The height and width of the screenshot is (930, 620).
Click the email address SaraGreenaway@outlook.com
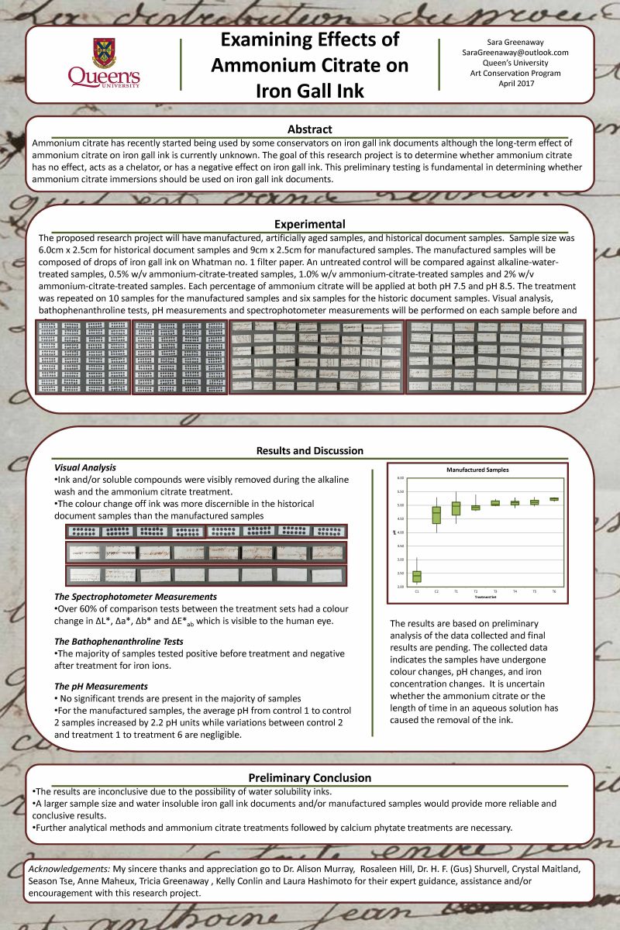(x=515, y=53)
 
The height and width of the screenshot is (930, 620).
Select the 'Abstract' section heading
(x=310, y=129)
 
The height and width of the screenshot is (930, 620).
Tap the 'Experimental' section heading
(x=310, y=225)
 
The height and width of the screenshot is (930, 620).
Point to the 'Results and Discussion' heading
(x=310, y=451)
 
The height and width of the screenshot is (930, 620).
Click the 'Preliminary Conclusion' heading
(x=310, y=777)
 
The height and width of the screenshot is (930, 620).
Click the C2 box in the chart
(x=436, y=515)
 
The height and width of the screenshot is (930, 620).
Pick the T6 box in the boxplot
(x=554, y=499)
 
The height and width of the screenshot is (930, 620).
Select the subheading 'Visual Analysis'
(x=85, y=468)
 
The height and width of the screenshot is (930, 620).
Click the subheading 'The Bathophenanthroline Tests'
(x=119, y=642)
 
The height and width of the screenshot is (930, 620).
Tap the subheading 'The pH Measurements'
(x=100, y=687)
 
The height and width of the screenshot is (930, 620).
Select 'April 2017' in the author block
(x=515, y=83)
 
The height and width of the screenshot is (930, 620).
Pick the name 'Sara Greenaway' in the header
(x=515, y=43)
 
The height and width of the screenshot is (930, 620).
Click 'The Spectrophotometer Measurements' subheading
(x=136, y=597)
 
